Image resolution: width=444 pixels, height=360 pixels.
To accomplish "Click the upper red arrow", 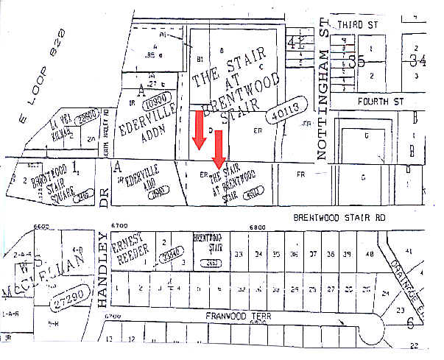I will [x=199, y=128].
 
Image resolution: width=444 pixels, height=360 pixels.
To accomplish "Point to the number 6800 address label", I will [x=258, y=227].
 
